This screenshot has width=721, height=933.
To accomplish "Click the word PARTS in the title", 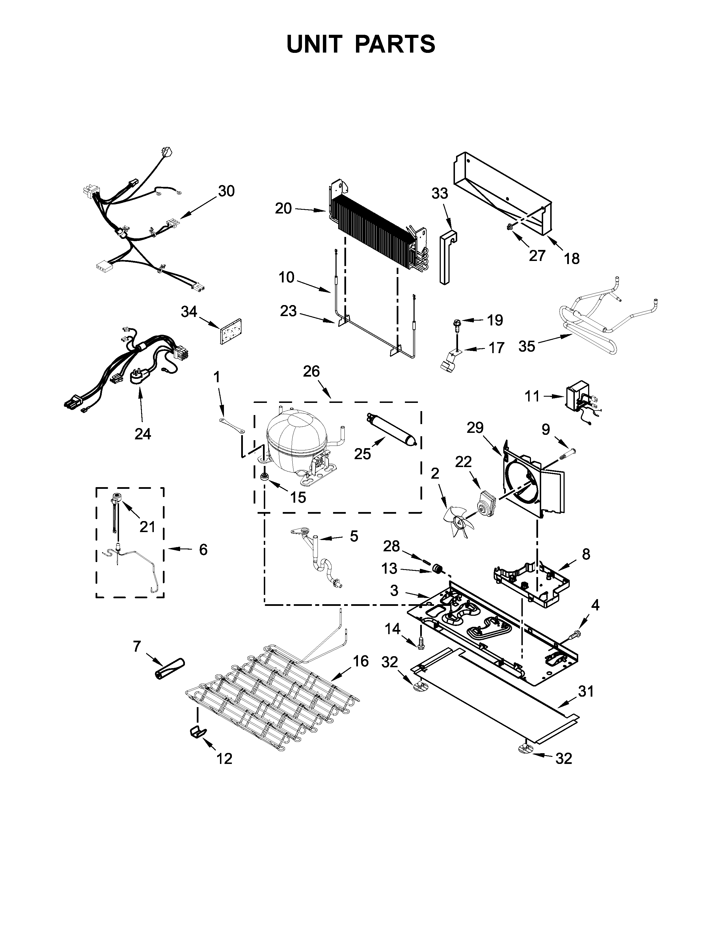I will point(395,44).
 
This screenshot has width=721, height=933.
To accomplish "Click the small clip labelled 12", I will point(197,731).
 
